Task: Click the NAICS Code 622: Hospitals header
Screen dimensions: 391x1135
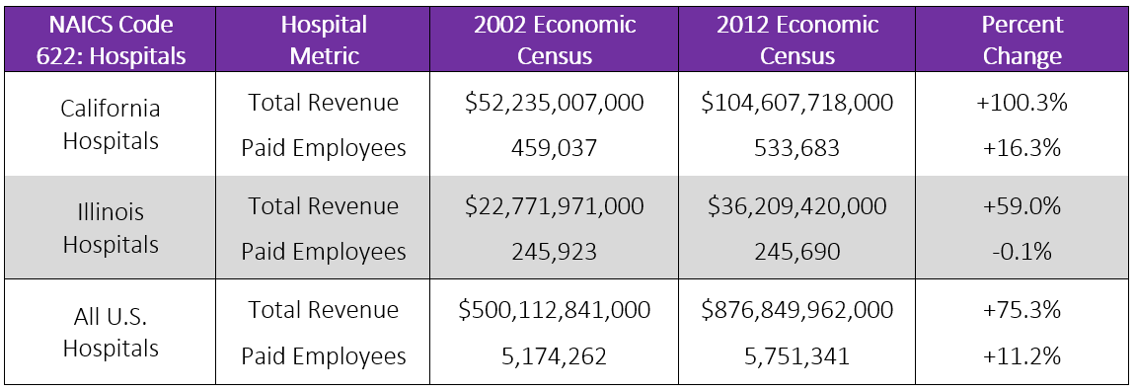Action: (x=111, y=39)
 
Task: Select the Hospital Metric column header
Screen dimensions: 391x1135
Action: (x=323, y=39)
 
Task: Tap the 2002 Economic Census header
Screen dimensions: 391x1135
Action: (x=553, y=39)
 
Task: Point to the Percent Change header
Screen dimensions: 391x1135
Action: (x=1022, y=39)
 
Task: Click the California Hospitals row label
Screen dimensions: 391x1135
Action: (x=111, y=124)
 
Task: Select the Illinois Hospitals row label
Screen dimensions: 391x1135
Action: (x=111, y=228)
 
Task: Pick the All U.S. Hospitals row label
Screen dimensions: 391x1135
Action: (x=111, y=332)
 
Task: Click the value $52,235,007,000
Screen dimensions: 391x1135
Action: (x=554, y=103)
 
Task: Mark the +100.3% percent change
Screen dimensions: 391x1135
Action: (x=1022, y=103)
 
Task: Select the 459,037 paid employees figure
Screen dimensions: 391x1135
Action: (x=554, y=148)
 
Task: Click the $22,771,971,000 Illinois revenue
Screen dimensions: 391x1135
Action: (x=554, y=206)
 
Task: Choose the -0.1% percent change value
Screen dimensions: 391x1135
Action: (x=1022, y=252)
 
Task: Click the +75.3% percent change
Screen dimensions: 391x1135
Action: (x=1022, y=310)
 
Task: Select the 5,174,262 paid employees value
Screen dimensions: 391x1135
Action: (x=554, y=355)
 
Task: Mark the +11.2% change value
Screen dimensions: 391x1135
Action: (x=1022, y=355)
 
